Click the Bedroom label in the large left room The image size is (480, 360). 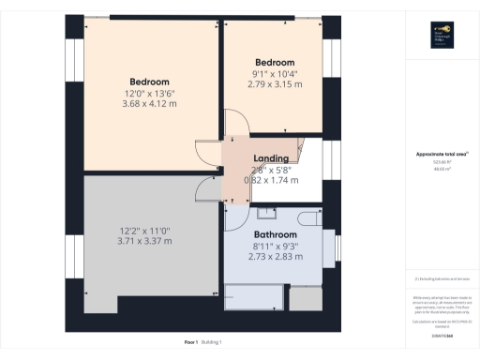(150, 81)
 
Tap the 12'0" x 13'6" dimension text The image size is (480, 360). (150, 92)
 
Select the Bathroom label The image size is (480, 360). (276, 235)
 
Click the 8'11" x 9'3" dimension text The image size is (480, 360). (276, 247)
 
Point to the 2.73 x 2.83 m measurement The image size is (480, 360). (276, 257)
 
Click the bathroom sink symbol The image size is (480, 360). (266, 212)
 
